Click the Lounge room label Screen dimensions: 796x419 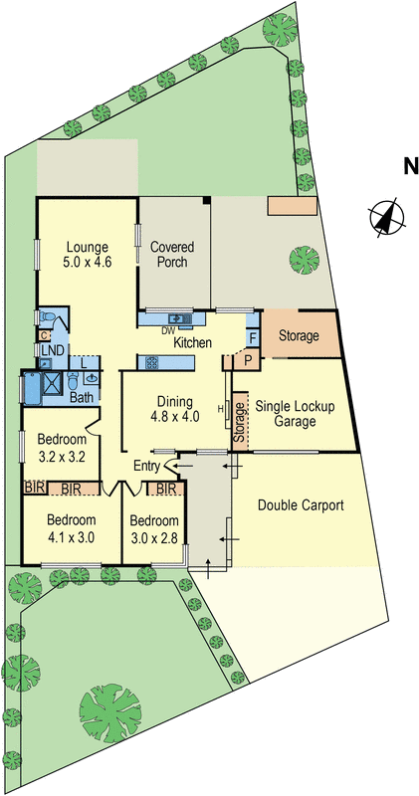coord(87,255)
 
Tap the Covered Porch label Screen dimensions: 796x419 coord(170,255)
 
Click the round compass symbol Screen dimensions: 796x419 coord(385,217)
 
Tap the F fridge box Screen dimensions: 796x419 coord(252,338)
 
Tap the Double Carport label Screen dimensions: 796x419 coord(301,505)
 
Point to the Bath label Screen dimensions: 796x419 coord(82,397)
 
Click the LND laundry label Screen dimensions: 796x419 coord(48,350)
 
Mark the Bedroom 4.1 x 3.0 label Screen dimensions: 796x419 coord(69,527)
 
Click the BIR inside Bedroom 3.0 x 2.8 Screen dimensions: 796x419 coord(166,490)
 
